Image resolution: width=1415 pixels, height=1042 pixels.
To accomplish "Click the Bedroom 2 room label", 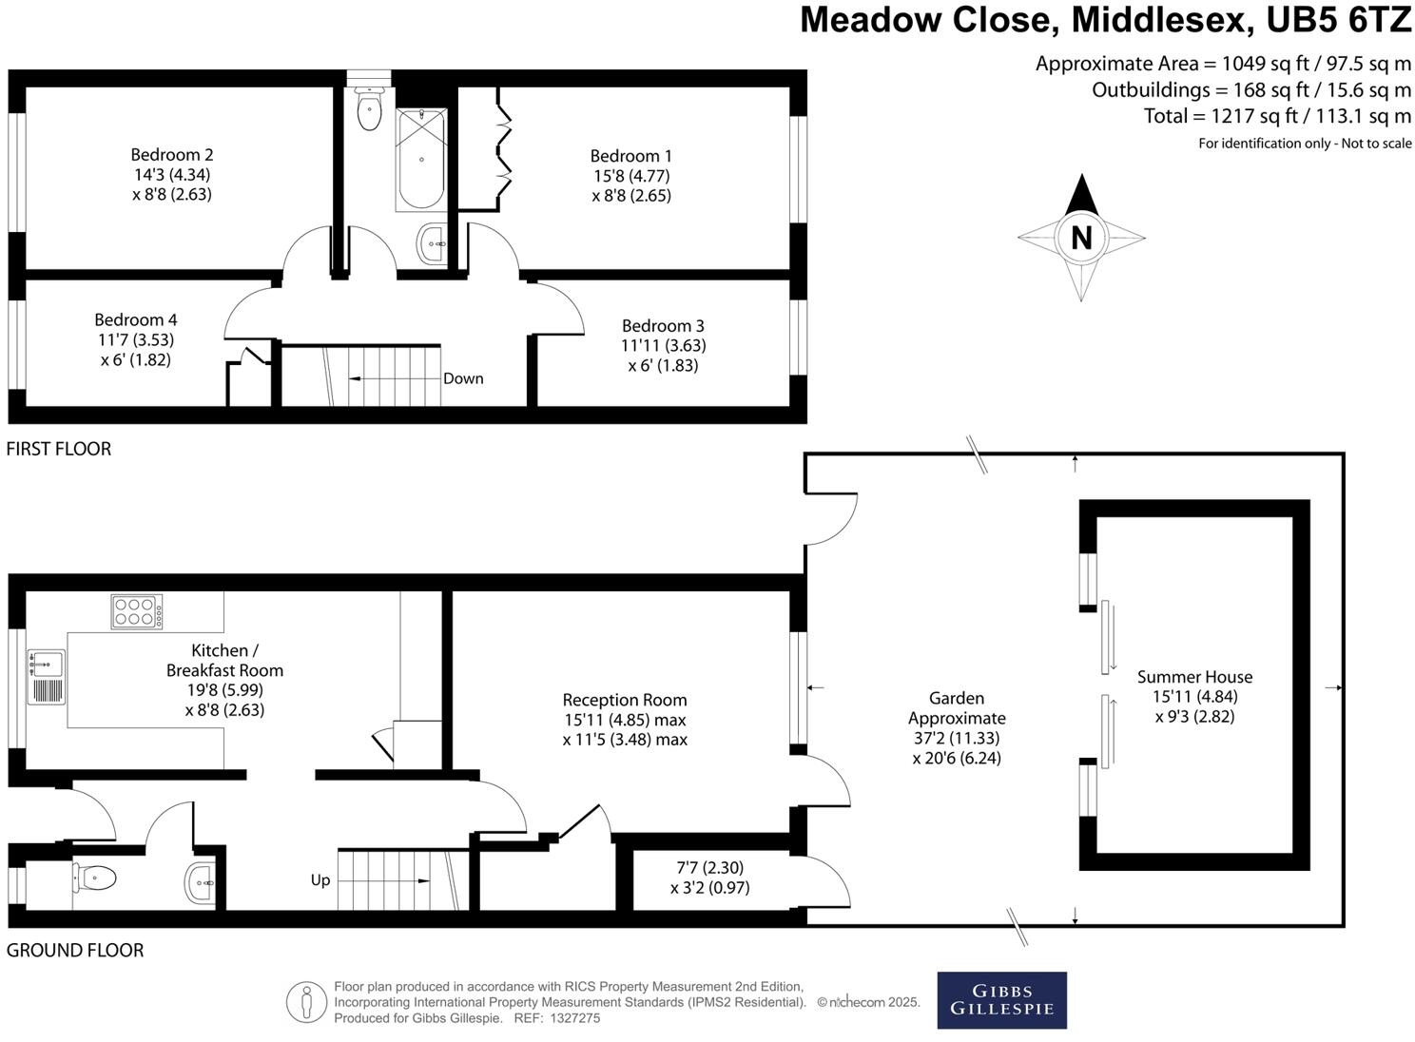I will (x=172, y=155).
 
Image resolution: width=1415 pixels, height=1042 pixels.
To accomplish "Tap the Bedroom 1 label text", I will (x=630, y=156).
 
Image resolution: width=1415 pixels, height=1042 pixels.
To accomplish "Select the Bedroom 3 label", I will (x=663, y=326).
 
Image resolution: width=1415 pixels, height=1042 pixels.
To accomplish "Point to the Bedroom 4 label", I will (x=135, y=320).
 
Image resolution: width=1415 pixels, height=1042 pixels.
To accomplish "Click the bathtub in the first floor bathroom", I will (x=420, y=160).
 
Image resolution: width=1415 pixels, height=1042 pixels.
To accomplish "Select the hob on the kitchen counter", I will (x=137, y=611).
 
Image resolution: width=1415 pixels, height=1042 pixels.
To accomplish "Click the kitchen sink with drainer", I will (x=46, y=676).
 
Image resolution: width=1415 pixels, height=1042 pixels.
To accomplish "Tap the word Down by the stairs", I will (x=463, y=378).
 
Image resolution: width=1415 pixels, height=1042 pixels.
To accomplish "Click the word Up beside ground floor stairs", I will (x=320, y=880).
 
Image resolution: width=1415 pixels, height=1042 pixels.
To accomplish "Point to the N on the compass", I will (x=1081, y=238).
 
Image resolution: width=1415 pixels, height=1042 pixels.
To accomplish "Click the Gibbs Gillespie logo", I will (x=1001, y=1000).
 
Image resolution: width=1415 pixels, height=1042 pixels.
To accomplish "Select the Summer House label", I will (x=1194, y=677).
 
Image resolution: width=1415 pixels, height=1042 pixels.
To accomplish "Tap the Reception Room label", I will (x=624, y=700).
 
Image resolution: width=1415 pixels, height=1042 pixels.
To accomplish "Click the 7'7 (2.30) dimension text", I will (x=709, y=868).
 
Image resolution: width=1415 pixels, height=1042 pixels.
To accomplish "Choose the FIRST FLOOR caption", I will (x=59, y=449).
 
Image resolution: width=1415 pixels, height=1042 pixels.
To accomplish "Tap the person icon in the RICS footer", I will (x=306, y=1002).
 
